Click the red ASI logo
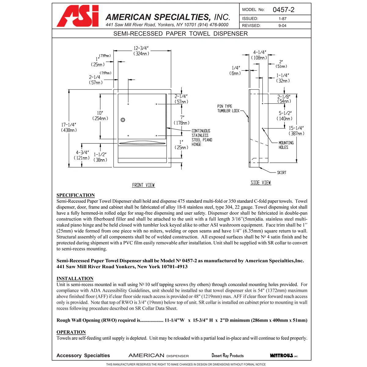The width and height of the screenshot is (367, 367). pos(78,16)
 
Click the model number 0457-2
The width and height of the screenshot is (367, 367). pos(283,10)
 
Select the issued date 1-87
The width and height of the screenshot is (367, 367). pos(282,19)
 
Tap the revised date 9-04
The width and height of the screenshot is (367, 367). pos(282,26)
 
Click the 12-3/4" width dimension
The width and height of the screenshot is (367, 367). pos(141,51)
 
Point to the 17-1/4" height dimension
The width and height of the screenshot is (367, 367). pos(69,127)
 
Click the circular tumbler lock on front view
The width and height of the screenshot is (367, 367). pos(123,120)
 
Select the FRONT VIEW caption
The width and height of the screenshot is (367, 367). pos(143,185)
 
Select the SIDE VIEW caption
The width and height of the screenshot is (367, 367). pos(261,183)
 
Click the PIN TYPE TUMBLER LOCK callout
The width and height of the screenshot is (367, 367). pos(228,109)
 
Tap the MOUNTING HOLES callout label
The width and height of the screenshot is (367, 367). pos(286,145)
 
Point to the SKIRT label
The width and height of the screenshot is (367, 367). pos(281,173)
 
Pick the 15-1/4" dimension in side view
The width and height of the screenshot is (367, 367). pos(296,131)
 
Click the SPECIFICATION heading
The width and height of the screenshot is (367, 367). pos(76,195)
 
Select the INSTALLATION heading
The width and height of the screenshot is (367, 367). pos(75,279)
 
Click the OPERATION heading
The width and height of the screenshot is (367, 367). pos(71,332)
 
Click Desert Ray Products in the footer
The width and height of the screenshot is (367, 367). pos(228,355)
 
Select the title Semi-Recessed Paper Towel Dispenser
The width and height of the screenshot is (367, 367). pos(180,34)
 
